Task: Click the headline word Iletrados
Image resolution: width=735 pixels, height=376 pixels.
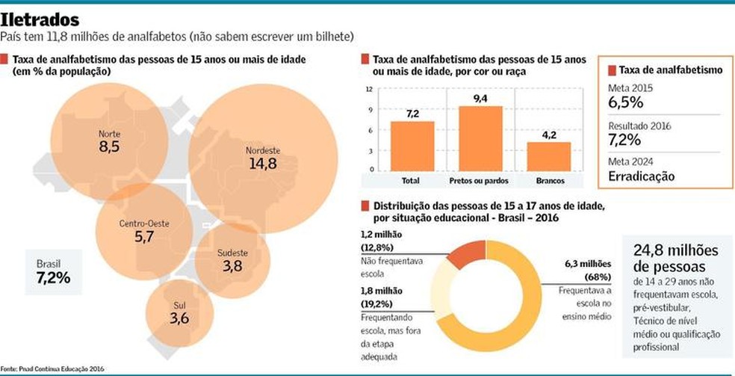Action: pos(46,18)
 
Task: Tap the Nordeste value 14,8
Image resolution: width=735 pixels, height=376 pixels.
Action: pos(262,164)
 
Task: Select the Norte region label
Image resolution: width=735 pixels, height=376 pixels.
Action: pos(109,135)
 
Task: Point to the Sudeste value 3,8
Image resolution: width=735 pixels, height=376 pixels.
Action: pos(232,266)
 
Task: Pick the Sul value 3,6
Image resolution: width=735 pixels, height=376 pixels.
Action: pos(179,318)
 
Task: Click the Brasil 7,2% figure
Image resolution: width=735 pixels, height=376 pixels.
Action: pos(53,277)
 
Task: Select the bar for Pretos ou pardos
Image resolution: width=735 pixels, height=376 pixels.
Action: pos(480,138)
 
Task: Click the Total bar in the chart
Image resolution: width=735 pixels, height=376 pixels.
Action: pos(412,146)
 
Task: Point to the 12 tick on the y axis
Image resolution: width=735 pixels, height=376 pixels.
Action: pos(369,89)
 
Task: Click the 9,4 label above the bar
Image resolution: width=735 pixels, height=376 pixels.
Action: pos(480,98)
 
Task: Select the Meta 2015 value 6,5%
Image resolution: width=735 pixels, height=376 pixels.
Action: pos(625,102)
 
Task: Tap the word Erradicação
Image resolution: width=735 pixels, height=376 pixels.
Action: pos(642,176)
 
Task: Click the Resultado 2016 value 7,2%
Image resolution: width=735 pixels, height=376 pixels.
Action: pos(625,140)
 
